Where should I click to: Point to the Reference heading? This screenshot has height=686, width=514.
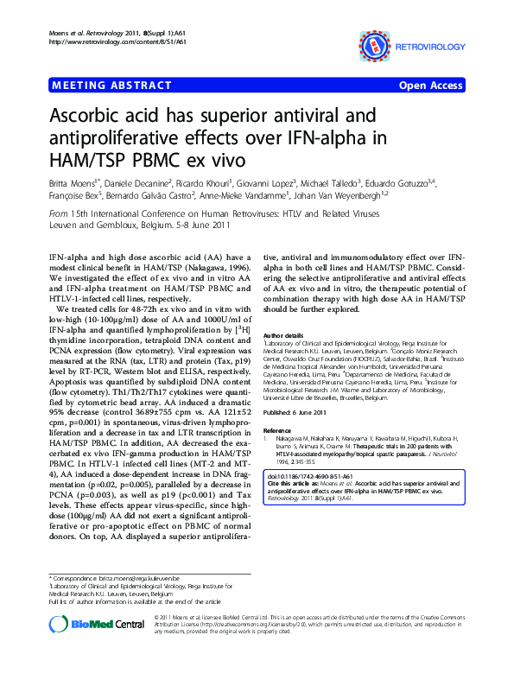(x=278, y=429)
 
